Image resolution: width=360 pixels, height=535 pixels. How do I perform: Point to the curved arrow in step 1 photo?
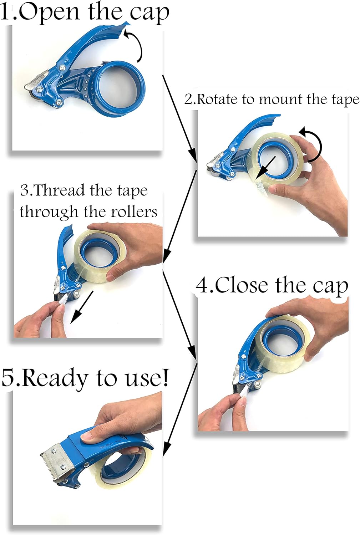pyautogui.click(x=136, y=45)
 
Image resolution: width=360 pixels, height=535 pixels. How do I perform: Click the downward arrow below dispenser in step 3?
pyautogui.click(x=82, y=307)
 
